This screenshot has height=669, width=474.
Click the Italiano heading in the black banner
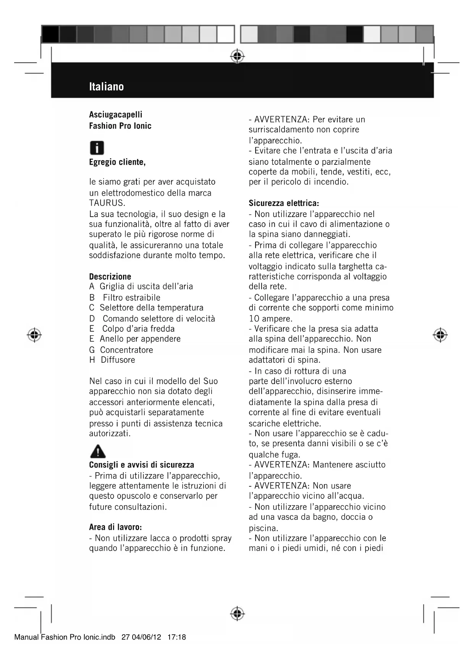click(106, 87)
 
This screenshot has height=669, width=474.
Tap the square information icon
click(97, 148)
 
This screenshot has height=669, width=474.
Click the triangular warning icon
click(98, 451)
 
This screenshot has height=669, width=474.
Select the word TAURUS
click(107, 203)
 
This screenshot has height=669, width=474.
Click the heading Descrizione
click(110, 277)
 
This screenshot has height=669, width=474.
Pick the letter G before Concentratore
click(92, 350)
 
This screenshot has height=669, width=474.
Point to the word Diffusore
click(118, 360)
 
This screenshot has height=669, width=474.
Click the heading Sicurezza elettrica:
click(284, 203)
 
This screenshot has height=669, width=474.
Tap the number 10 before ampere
click(254, 318)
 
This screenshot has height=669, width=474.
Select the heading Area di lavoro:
click(115, 527)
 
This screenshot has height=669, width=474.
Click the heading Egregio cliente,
click(117, 162)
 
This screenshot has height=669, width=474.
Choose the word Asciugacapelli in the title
click(115, 114)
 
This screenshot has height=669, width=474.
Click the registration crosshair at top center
click(237, 56)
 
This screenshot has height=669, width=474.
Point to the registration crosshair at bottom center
click(237, 613)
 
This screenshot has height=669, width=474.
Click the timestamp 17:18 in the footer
click(176, 637)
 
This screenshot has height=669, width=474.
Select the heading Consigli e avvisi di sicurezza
click(141, 465)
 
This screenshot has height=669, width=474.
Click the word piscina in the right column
click(262, 528)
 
